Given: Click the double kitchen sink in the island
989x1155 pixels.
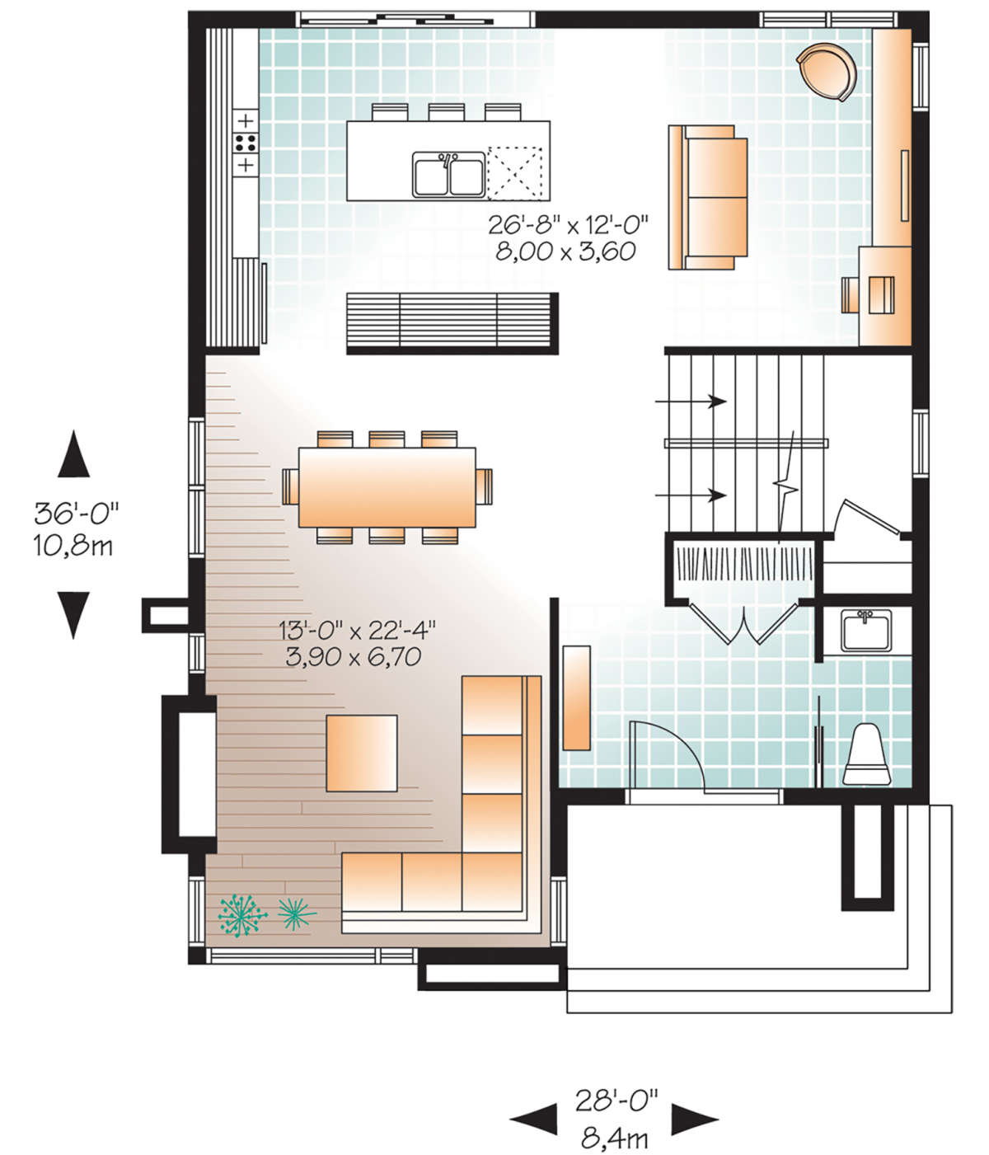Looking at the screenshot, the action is point(448,174).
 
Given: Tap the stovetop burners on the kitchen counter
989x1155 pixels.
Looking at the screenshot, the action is point(246,143).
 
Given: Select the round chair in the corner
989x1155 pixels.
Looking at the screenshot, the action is point(827,71).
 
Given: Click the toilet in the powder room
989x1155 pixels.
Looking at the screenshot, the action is point(867,754).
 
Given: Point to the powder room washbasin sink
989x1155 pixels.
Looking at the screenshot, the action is point(865,631).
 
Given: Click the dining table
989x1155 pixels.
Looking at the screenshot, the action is point(387,487).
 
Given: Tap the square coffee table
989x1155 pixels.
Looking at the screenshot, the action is point(362,753).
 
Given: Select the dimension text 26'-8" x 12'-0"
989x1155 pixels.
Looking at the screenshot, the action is point(568,225).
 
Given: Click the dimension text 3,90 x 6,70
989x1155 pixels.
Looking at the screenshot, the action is point(353,656).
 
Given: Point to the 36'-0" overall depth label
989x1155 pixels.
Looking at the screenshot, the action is point(77,514).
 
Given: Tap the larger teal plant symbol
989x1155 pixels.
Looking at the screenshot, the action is point(242,915).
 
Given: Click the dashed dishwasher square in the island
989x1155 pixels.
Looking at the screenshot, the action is point(514,173).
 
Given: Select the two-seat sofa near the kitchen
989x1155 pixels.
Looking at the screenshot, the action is point(708,197).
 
